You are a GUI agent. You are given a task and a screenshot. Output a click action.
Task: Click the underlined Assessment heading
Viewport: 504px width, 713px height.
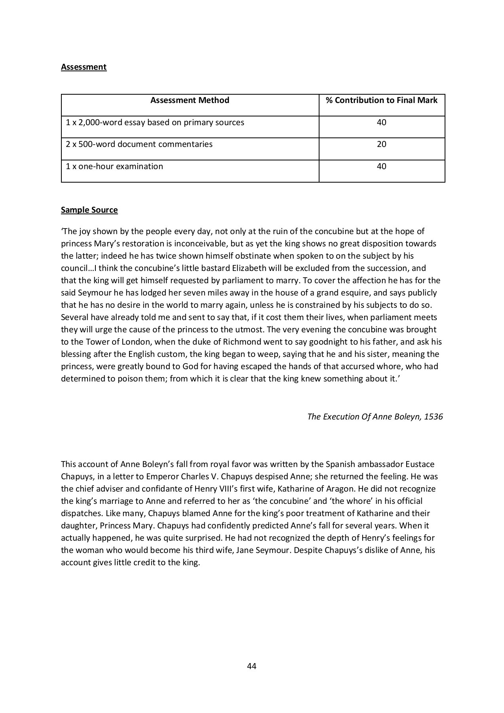[84, 67]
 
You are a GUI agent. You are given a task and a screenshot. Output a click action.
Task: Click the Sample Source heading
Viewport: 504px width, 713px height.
[89, 210]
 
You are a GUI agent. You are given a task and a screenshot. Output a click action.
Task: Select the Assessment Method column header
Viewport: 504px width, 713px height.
[190, 100]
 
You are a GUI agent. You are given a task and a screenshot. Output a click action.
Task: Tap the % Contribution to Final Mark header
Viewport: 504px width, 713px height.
[381, 100]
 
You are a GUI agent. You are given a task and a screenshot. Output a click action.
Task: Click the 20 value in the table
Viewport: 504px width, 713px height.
[381, 144]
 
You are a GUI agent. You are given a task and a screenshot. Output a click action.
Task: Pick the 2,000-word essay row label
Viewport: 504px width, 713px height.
[155, 122]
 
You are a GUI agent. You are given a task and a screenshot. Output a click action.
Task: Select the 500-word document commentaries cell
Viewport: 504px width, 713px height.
[139, 144]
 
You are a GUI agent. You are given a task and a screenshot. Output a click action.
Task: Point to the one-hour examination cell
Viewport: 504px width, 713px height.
[114, 166]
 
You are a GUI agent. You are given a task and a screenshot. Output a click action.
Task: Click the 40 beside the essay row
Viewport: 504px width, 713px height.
[381, 122]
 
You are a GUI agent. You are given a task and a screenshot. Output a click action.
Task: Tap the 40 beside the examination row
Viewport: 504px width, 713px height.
[381, 166]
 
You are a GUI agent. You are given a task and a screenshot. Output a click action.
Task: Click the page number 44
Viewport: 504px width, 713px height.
[251, 666]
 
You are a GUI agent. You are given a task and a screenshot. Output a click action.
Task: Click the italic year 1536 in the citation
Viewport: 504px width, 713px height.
[433, 417]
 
